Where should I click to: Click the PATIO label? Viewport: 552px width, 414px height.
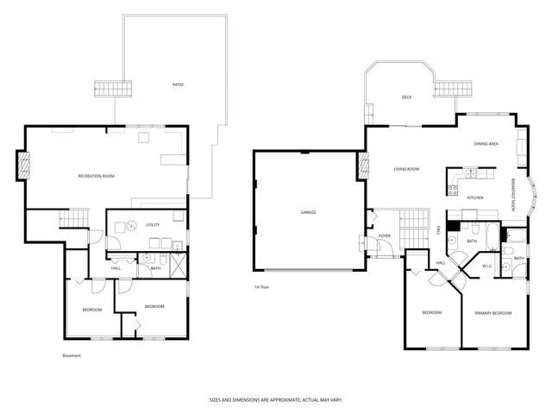pyautogui.click(x=178, y=85)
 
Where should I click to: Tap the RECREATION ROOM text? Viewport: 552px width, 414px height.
pyautogui.click(x=96, y=176)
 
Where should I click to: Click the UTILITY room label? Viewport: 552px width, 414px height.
pyautogui.click(x=152, y=225)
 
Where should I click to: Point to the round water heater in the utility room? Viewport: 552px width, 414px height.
pyautogui.click(x=132, y=227)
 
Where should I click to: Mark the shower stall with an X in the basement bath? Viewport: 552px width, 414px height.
pyautogui.click(x=178, y=266)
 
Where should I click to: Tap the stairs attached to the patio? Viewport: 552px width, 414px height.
pyautogui.click(x=114, y=88)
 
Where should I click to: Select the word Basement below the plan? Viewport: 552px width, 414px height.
pyautogui.click(x=72, y=355)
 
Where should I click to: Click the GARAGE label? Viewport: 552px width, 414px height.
pyautogui.click(x=308, y=211)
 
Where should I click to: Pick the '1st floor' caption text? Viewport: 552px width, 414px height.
pyautogui.click(x=261, y=285)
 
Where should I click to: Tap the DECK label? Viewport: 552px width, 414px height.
pyautogui.click(x=406, y=97)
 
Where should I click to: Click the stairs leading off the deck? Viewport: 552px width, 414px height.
pyautogui.click(x=447, y=88)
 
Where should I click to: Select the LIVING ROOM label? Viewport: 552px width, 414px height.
pyautogui.click(x=406, y=169)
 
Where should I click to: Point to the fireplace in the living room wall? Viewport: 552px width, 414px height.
pyautogui.click(x=363, y=164)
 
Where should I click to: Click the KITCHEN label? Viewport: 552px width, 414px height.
pyautogui.click(x=475, y=198)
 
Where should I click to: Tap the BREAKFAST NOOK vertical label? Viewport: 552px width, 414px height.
pyautogui.click(x=515, y=195)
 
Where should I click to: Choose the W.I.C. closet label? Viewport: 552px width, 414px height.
pyautogui.click(x=486, y=266)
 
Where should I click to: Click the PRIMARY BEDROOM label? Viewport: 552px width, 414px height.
pyautogui.click(x=493, y=312)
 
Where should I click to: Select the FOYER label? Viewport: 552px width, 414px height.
pyautogui.click(x=385, y=235)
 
